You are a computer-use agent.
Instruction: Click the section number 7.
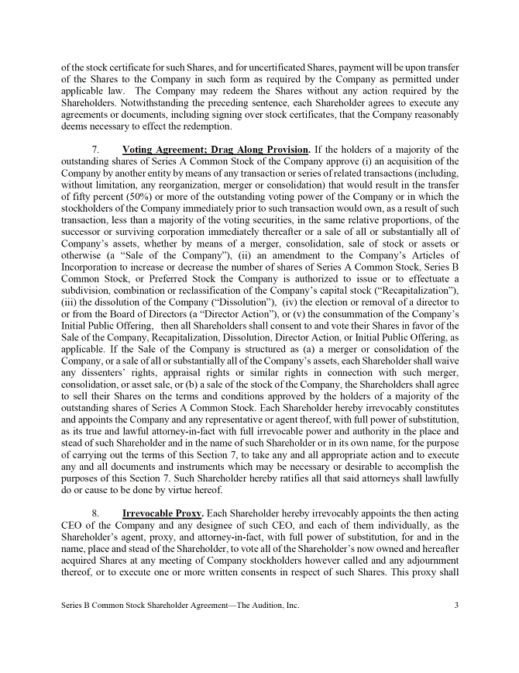[95, 150]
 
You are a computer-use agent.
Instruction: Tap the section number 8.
[95, 513]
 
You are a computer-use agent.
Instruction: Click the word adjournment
[426, 562]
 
